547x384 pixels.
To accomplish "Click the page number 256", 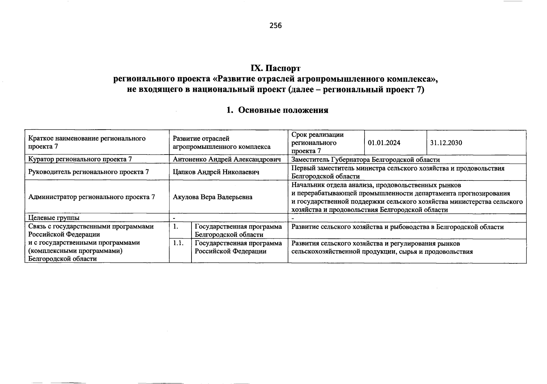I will coord(275,26).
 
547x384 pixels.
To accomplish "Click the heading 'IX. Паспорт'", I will coord(275,68).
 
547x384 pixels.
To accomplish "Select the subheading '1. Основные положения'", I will coord(277,110).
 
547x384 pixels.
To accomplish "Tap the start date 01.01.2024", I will coord(384,143).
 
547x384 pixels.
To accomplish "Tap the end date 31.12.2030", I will coord(446,143).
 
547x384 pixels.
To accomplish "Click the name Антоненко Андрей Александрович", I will coord(227,159).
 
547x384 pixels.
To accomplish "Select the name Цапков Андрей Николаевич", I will coord(216,172).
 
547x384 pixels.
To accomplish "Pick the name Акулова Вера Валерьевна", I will coord(212,197).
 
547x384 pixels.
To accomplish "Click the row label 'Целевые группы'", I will coord(54,218).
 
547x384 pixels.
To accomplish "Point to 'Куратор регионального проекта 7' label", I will coord(80,159).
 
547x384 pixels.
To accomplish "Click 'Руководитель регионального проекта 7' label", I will coord(88,172).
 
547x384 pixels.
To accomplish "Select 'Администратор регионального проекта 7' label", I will coord(92,197).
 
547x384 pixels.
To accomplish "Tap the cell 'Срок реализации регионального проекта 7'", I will coord(317,143).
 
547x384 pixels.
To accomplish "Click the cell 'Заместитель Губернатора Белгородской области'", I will coord(365,160).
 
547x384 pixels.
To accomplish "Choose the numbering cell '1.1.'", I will coord(178,243).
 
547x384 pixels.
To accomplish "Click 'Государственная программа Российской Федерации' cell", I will coord(238,247).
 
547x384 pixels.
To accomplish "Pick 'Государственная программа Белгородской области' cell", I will coord(238,231).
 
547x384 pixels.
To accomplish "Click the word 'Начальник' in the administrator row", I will coord(306,185).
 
